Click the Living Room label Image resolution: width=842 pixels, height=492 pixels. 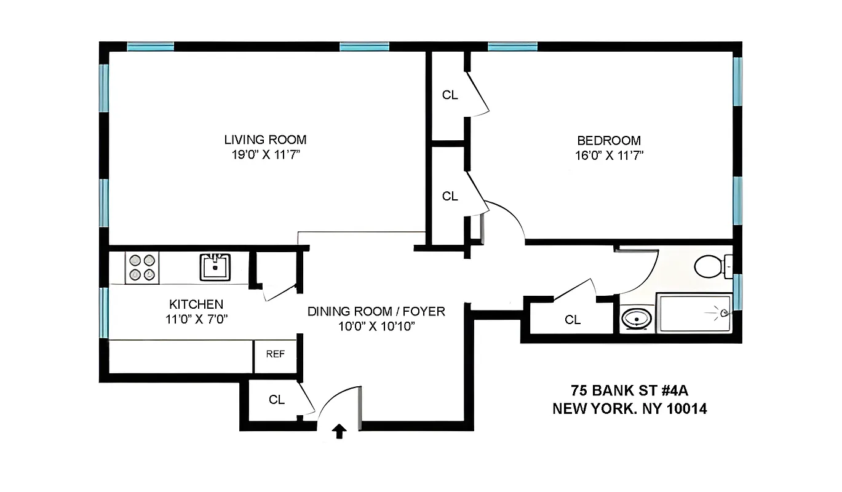(265, 140)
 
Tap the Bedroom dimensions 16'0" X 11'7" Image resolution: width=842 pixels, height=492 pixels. (609, 155)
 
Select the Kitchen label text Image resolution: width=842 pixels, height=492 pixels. (196, 304)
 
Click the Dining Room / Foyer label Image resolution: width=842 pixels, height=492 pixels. (376, 311)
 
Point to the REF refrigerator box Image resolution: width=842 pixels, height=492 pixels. (275, 354)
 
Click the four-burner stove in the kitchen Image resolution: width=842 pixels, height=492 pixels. (142, 268)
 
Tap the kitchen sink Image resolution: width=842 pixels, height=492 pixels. (215, 267)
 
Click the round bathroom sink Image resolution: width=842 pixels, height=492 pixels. (635, 319)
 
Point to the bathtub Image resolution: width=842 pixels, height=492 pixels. (694, 313)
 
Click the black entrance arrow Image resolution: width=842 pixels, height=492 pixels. (339, 431)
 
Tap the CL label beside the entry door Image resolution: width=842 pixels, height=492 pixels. (277, 400)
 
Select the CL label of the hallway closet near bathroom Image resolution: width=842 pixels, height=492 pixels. (573, 320)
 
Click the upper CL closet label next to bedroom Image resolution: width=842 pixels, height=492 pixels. (450, 95)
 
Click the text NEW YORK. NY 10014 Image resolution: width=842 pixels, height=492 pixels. (630, 408)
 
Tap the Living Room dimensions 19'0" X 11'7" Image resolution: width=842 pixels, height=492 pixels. (265, 155)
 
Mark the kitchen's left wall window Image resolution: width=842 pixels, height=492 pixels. (104, 312)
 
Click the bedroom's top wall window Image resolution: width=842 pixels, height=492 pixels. (512, 46)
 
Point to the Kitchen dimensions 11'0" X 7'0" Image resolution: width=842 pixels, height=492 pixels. (196, 319)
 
